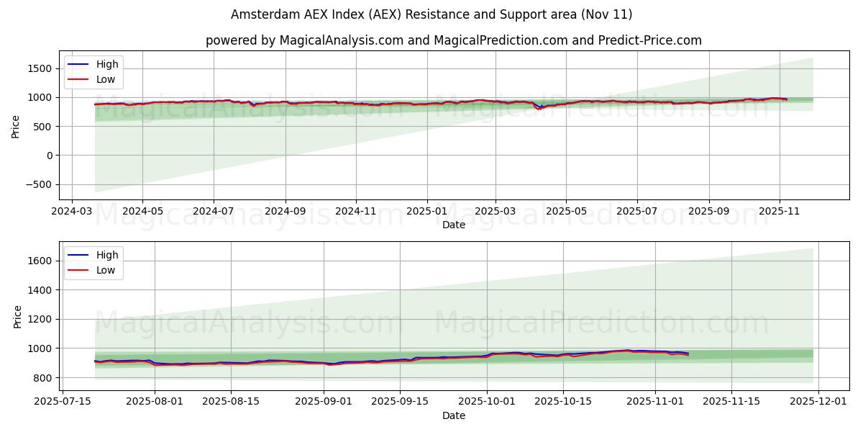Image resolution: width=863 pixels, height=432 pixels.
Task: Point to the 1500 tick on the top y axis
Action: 40,68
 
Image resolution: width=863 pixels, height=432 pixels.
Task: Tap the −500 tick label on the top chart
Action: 37,184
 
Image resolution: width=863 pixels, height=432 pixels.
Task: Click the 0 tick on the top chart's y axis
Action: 50,156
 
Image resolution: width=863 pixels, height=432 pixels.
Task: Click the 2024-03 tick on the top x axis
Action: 71,211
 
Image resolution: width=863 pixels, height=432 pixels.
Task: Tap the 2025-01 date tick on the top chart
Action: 427,211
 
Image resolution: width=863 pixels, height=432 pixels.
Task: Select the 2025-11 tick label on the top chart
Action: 780,211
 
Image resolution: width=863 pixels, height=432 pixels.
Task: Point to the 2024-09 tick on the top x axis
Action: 286,211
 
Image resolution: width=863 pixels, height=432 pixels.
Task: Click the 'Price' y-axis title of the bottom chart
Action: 18,317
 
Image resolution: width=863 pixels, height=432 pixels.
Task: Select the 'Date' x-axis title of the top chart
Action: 453,225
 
